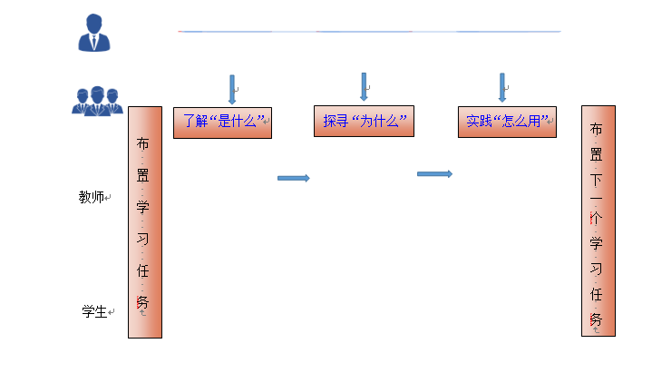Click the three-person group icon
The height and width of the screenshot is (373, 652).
point(96,99)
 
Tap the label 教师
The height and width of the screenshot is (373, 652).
point(92,197)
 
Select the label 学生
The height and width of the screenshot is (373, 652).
point(94,312)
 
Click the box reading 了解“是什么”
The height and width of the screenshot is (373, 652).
point(223,122)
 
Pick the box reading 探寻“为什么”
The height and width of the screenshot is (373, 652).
point(364,122)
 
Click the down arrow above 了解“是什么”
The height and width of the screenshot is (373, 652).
point(232,89)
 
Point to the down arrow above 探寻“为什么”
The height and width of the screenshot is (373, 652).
point(364,86)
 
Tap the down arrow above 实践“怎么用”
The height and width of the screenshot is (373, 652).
point(501,87)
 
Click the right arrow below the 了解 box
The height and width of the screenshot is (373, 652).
point(293,178)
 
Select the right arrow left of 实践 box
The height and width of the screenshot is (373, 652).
point(434,173)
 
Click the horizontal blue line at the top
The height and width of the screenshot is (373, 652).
point(369,32)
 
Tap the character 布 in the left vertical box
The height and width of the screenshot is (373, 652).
point(142,143)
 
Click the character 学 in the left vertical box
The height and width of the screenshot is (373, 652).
point(142,207)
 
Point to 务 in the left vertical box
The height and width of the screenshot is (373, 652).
point(142,301)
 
